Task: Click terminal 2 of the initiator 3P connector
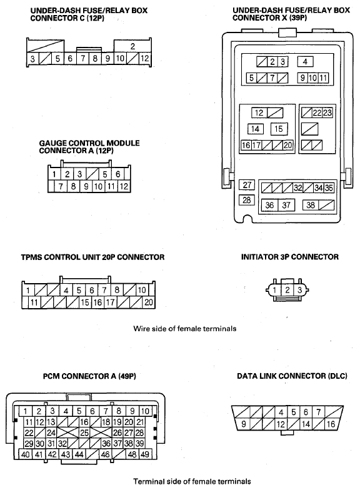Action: pyautogui.click(x=287, y=290)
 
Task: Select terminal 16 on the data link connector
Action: pyautogui.click(x=331, y=424)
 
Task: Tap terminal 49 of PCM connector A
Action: pyautogui.click(x=145, y=454)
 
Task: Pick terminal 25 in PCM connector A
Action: pyautogui.click(x=84, y=432)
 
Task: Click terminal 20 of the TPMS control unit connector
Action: pyautogui.click(x=149, y=302)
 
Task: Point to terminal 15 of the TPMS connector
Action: pyautogui.click(x=85, y=302)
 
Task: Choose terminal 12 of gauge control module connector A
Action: pyautogui.click(x=124, y=186)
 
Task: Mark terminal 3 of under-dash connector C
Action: pyautogui.click(x=32, y=59)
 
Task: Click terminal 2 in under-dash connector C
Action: pyautogui.click(x=132, y=46)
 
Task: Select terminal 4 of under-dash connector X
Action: pyautogui.click(x=305, y=61)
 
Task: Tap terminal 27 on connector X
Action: pyautogui.click(x=247, y=185)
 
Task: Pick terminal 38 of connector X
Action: pyautogui.click(x=311, y=205)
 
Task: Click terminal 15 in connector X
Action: pyautogui.click(x=279, y=129)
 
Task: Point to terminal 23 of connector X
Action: pyautogui.click(x=327, y=112)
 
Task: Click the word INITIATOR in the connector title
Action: pyautogui.click(x=257, y=257)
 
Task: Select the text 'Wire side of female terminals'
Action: pyautogui.click(x=185, y=329)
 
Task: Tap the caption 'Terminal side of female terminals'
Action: pyautogui.click(x=192, y=481)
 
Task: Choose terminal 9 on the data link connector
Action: pyautogui.click(x=244, y=424)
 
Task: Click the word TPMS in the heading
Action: pyautogui.click(x=31, y=257)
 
